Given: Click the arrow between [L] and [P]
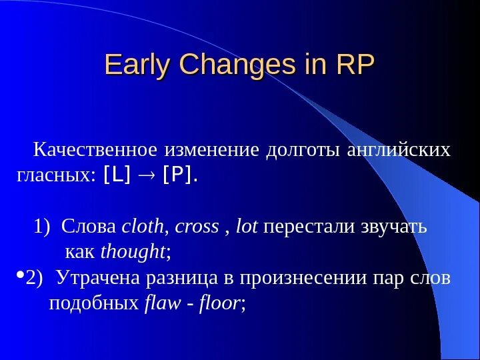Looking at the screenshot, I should tap(147, 176).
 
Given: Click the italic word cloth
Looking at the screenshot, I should tap(143, 227).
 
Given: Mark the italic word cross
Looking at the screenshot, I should tap(197, 227).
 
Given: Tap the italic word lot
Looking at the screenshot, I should tap(247, 227).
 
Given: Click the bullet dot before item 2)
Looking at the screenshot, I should tap(19, 275).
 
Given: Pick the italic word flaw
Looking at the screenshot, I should tap(162, 303).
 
